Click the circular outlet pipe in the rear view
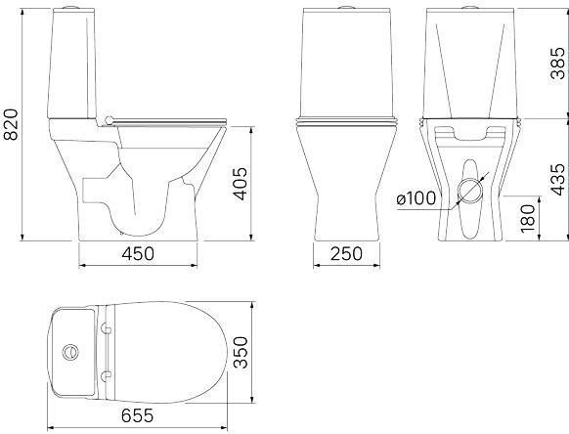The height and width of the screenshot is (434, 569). point(466,193)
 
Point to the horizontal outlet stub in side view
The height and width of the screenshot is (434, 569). point(93,188)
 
